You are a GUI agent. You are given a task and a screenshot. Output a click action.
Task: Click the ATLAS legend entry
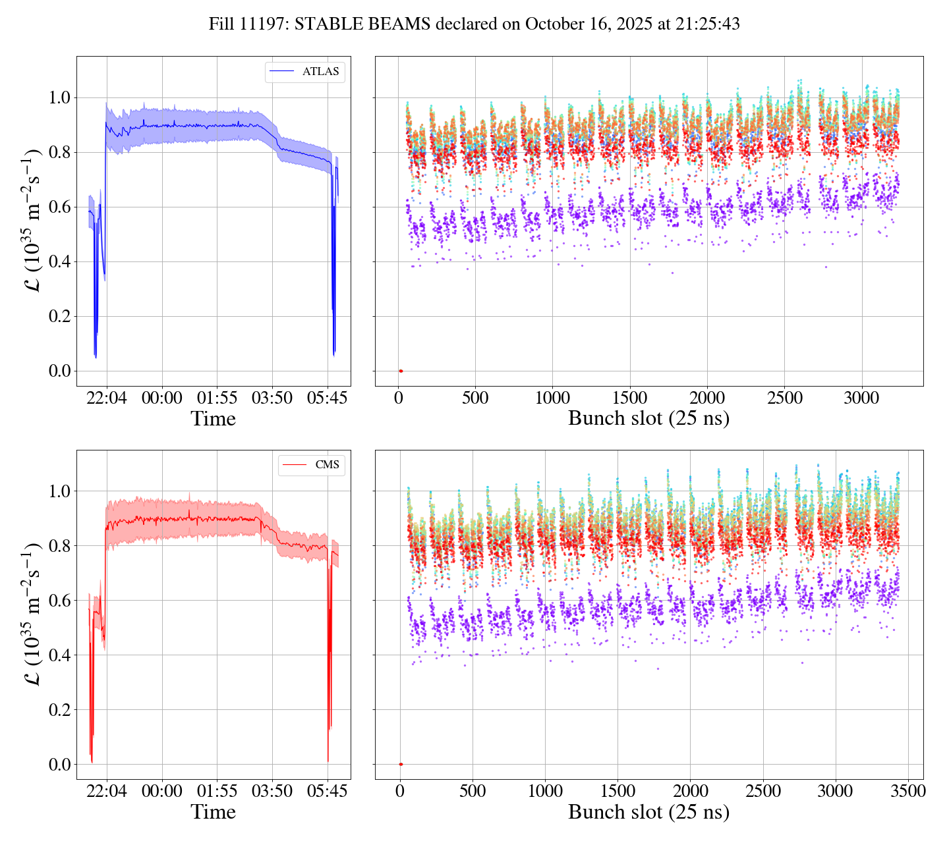[305, 72]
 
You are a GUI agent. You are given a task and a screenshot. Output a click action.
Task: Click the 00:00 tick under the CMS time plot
[162, 792]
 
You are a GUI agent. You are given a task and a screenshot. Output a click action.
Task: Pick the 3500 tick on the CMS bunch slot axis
[908, 792]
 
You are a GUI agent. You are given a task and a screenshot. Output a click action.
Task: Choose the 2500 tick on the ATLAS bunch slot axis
[784, 398]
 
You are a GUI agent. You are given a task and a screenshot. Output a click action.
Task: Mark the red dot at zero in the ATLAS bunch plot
[401, 371]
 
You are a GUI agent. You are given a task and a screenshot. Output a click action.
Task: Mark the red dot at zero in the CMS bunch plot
[401, 764]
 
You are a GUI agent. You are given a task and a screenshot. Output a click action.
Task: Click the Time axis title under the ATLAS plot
[213, 419]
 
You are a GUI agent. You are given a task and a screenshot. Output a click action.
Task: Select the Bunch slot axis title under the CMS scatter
[648, 812]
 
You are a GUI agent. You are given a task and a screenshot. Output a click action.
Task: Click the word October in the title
[552, 24]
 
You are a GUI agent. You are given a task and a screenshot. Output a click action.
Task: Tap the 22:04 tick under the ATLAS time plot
[107, 398]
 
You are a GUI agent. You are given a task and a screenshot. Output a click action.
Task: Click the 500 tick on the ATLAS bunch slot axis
[475, 398]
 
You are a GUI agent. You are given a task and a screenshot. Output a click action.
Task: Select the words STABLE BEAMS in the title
[362, 24]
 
